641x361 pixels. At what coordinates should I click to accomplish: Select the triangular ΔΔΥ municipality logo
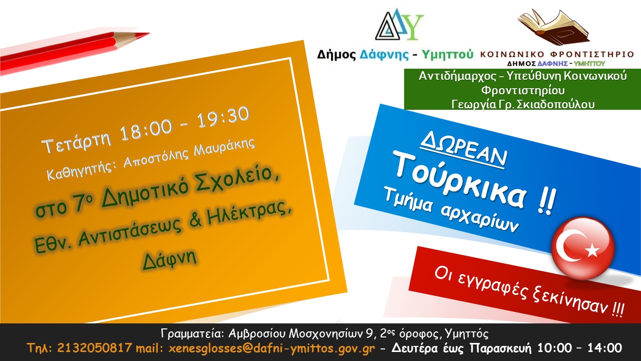point(399,25)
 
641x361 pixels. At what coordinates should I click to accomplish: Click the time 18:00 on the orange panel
point(146,130)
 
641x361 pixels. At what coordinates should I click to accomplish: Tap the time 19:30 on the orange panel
point(223,117)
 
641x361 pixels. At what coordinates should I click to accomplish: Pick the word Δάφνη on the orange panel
point(170,259)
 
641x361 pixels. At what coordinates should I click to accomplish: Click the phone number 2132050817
point(95,348)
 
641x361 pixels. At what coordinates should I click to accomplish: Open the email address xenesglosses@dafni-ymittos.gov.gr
point(271,348)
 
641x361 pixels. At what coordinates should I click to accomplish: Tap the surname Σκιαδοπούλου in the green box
point(555,104)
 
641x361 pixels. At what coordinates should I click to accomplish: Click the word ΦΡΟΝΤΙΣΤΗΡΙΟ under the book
point(592,54)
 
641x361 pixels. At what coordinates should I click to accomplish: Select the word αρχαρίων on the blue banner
point(480,218)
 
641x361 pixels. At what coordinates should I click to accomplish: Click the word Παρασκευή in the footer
point(500,348)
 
